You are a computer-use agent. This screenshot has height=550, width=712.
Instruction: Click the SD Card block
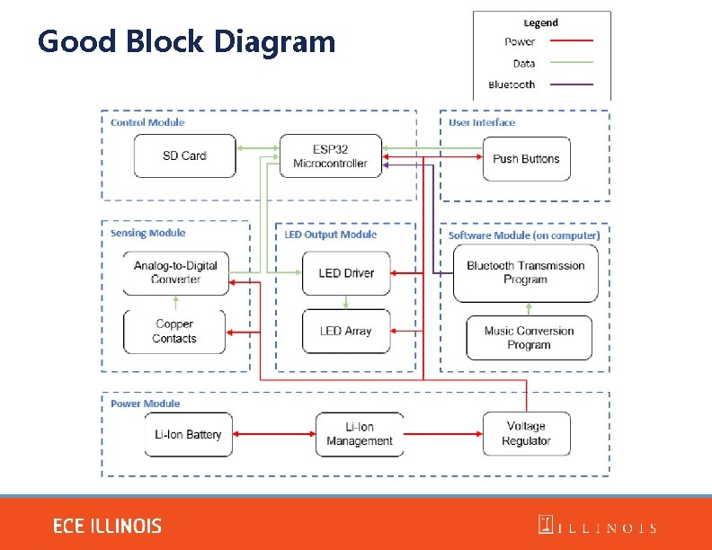click(x=184, y=155)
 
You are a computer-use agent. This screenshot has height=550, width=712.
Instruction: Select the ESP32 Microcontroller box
click(x=330, y=156)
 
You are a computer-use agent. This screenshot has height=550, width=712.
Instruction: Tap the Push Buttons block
click(x=526, y=159)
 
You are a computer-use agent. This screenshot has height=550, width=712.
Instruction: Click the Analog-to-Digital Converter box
click(x=175, y=272)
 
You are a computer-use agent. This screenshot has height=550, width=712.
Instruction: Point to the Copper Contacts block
click(x=174, y=332)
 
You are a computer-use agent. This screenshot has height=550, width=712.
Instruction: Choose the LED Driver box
click(x=346, y=272)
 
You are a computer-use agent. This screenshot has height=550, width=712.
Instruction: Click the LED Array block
click(x=345, y=331)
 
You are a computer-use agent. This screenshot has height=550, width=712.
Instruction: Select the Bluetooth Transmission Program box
click(x=525, y=272)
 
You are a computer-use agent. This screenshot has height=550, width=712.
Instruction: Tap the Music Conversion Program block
click(x=529, y=338)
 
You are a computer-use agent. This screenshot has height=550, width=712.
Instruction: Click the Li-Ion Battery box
click(x=188, y=434)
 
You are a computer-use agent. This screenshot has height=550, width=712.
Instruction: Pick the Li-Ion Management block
click(x=360, y=434)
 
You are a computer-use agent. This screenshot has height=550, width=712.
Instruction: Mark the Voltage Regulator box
click(x=526, y=434)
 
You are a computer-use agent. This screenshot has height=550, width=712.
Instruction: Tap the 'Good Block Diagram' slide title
click(x=186, y=41)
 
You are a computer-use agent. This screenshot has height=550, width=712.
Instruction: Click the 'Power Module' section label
click(x=145, y=404)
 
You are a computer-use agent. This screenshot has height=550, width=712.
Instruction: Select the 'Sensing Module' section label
click(x=147, y=233)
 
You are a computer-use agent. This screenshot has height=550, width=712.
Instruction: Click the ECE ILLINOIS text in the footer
click(x=107, y=526)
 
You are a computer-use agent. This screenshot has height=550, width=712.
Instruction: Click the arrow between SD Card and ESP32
click(x=257, y=149)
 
